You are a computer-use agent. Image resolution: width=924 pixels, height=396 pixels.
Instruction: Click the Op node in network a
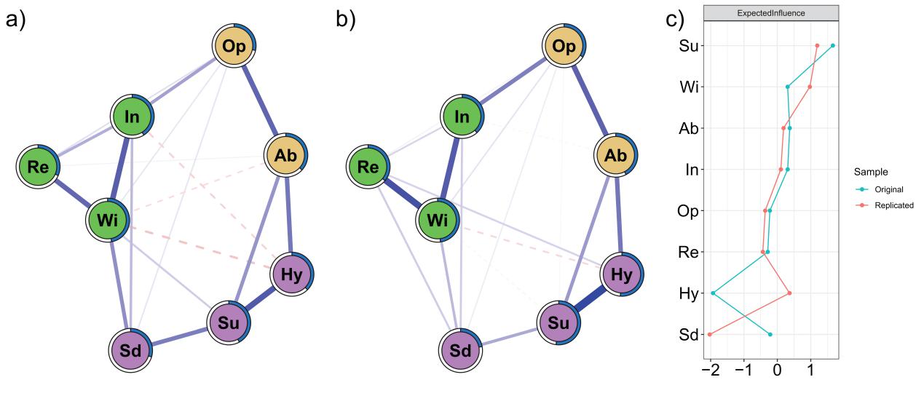coord(234,46)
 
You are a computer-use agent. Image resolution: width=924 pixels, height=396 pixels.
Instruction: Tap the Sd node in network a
coord(131,350)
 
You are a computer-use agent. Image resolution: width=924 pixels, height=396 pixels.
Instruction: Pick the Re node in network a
coord(39,166)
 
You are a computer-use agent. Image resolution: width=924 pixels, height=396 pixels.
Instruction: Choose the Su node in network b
coord(559,322)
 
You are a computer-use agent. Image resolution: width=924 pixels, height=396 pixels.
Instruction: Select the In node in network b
coord(462,116)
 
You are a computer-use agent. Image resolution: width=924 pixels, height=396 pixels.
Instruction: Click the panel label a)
coord(16,20)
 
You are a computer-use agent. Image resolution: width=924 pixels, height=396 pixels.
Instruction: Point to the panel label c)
coord(676,20)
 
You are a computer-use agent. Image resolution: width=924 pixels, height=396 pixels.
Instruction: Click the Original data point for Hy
coord(713,293)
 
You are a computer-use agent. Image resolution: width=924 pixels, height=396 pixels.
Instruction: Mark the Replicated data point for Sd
coord(709,334)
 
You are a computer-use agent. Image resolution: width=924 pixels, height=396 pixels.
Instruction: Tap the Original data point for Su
coord(832,45)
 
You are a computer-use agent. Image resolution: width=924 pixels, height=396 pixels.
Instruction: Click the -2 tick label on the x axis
coord(710,370)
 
